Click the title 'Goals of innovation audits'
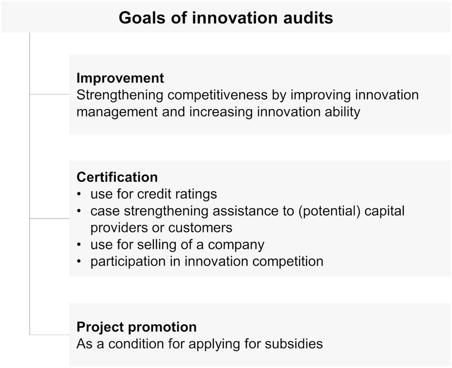click(226, 18)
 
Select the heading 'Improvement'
click(120, 78)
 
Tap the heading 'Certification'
click(117, 177)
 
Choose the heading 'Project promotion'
click(137, 327)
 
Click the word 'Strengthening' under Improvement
click(120, 95)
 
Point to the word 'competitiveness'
click(218, 95)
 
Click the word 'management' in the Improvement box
click(117, 112)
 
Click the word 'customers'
click(200, 228)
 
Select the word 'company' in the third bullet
click(236, 245)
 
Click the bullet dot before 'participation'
click(79, 262)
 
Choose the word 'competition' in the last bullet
click(288, 262)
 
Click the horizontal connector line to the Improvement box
click(49, 94)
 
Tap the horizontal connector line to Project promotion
click(49, 335)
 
